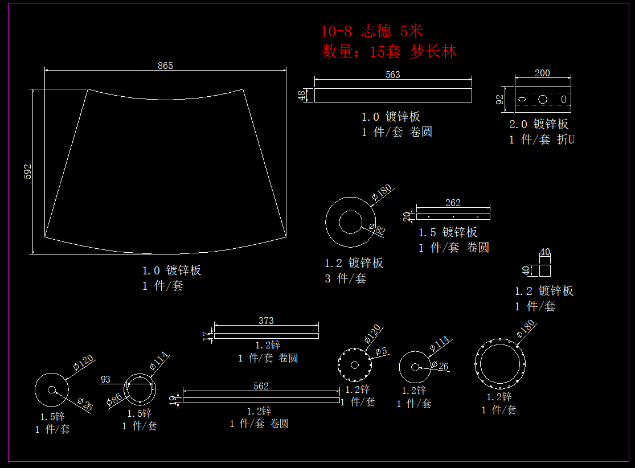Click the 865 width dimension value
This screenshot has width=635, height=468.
coord(165,65)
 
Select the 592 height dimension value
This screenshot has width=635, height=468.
coord(28,171)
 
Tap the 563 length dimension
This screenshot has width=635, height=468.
coord(393,75)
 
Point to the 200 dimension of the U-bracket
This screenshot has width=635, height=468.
coord(543,73)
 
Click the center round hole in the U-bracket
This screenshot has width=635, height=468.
coord(543,99)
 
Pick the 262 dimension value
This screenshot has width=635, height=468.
coord(453,203)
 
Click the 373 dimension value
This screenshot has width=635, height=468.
coord(266,321)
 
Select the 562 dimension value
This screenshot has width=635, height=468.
coord(261,386)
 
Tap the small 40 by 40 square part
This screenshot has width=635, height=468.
coord(545,270)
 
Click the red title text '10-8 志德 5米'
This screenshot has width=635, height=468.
coord(372,31)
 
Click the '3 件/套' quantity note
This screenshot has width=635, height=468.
coord(346,278)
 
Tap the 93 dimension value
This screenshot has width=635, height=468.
coord(105,379)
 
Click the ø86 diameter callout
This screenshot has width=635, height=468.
coord(113,401)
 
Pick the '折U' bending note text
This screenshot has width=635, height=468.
coord(566,139)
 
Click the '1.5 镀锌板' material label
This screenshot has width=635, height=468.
coord(448,232)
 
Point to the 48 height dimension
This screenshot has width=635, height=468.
coord(302,95)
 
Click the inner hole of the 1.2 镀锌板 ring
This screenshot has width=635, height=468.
coord(350,222)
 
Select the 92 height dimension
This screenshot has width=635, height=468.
coord(499,100)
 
